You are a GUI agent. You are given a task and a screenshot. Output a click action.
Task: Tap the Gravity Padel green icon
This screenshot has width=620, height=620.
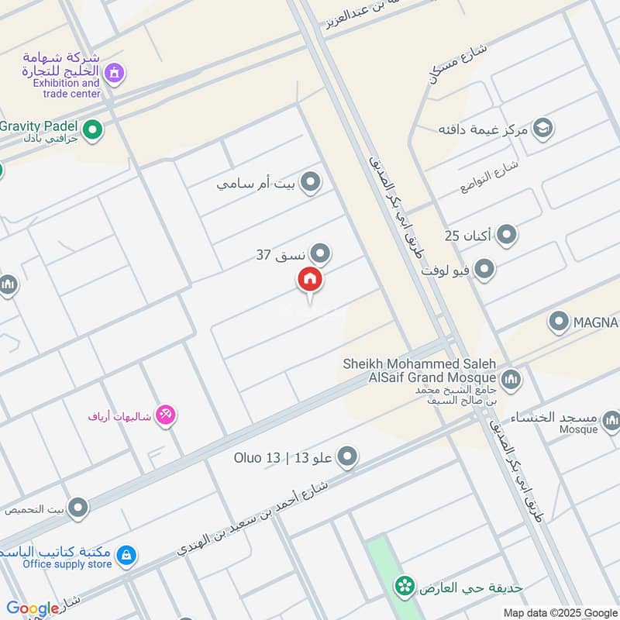point(93,129)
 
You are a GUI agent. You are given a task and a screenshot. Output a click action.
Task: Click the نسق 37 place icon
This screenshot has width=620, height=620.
point(319,253)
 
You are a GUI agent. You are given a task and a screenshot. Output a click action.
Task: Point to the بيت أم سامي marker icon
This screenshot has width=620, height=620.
point(311,183)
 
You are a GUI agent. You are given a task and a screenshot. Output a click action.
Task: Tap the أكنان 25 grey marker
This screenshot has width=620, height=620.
point(506,234)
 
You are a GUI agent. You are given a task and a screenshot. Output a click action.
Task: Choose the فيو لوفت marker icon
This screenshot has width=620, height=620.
point(484,270)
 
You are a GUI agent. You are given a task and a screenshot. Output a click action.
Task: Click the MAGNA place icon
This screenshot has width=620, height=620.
point(559,321)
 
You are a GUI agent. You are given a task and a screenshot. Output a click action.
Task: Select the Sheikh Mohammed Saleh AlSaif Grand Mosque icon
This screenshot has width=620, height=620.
point(511,379)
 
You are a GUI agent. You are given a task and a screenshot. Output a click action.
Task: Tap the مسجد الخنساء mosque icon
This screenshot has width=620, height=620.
point(611,422)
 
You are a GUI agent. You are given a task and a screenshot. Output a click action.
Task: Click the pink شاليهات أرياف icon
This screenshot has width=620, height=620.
point(166,415)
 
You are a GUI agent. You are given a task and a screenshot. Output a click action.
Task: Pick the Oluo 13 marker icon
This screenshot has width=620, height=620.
point(348,457)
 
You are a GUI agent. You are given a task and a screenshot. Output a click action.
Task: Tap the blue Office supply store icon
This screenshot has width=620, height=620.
point(126,555)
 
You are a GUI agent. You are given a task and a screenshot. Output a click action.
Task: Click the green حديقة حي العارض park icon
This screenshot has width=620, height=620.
point(403,587)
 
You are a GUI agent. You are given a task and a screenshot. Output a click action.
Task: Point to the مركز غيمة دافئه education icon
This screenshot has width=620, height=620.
point(542,128)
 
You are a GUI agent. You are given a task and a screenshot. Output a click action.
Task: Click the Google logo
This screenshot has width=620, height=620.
point(33,608)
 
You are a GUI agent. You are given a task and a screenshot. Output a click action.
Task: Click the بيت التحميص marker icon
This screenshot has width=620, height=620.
point(77,508)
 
